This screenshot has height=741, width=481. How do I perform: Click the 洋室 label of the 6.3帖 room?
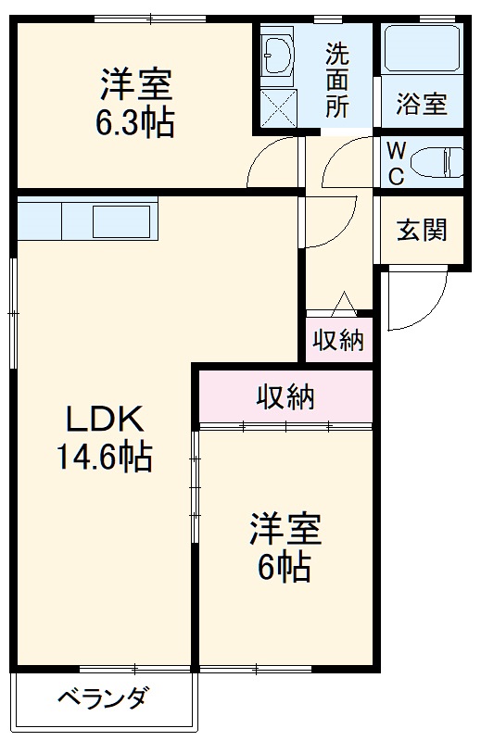(x=136, y=84)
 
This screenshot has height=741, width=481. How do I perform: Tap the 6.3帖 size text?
(x=136, y=122)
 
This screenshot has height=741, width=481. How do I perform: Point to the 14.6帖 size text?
(x=104, y=457)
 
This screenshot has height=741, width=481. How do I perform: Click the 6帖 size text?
(x=284, y=567)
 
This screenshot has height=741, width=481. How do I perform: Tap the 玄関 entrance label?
(x=422, y=230)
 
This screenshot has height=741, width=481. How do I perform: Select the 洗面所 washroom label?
(x=336, y=80)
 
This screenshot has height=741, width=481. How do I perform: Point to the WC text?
(x=396, y=163)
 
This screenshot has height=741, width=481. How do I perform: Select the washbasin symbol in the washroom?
(x=277, y=52)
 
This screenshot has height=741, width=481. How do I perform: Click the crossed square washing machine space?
(x=277, y=106)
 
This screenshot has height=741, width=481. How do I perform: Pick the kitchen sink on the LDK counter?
(x=121, y=221)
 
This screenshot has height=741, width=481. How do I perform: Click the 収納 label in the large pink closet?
(x=286, y=396)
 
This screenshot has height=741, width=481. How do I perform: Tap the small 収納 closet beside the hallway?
(x=338, y=340)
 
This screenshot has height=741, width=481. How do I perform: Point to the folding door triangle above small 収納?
(x=344, y=302)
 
